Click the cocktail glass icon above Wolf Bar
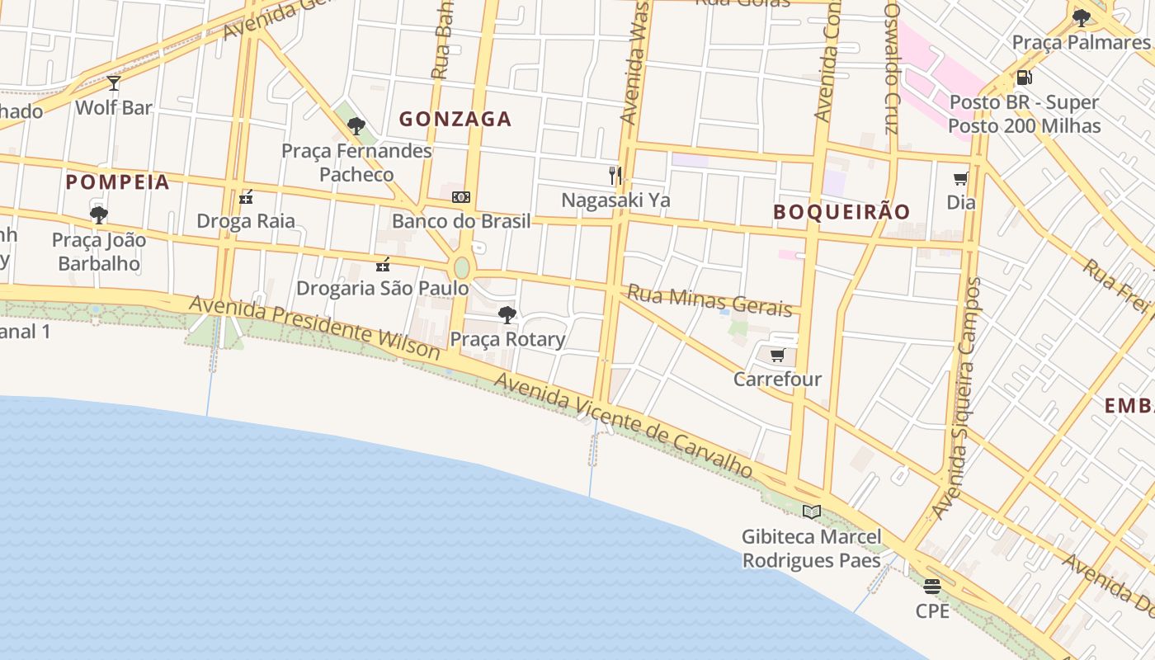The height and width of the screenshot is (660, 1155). point(114,82)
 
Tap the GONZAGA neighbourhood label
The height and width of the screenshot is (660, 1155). point(455,119)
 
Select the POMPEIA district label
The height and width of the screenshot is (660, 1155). point(117,182)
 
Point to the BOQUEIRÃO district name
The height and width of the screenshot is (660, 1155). point(841,212)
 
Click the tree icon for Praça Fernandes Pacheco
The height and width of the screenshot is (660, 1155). point(356,126)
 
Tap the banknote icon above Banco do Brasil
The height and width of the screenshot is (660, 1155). point(461,197)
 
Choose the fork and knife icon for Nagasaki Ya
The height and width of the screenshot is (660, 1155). point(615,175)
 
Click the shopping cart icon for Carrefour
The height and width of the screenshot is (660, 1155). point(777,356)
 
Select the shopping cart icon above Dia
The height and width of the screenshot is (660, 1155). point(960,178)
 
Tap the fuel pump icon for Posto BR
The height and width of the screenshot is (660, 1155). point(1024,78)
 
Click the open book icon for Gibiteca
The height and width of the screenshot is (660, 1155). point(812,511)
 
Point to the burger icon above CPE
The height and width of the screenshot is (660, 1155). point(932,587)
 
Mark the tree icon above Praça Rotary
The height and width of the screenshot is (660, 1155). point(507,314)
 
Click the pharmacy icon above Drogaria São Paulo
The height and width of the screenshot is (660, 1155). point(383,264)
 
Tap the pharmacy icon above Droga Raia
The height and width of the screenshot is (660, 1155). point(246,196)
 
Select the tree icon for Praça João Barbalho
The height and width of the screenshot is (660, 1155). point(99,215)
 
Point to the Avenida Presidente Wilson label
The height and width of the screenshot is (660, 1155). point(314,328)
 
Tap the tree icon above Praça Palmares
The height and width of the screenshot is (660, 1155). point(1081,18)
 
